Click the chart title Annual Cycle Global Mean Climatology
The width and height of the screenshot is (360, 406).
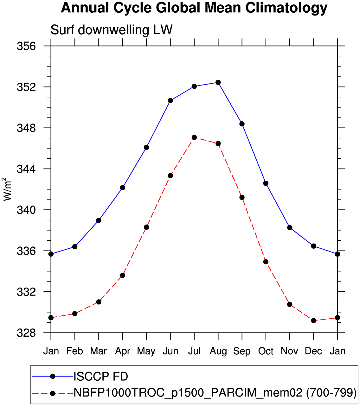(194, 8)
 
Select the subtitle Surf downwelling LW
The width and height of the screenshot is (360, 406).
(111, 30)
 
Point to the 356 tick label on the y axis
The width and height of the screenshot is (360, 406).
(26, 46)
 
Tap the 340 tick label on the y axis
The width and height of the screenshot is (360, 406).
(26, 210)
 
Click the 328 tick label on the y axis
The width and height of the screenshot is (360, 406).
(26, 333)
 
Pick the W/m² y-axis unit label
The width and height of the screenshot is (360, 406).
(8, 189)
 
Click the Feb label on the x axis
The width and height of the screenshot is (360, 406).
(75, 351)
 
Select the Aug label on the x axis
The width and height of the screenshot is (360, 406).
(218, 351)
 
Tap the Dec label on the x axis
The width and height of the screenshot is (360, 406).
(313, 351)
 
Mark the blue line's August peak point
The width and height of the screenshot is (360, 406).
(218, 82)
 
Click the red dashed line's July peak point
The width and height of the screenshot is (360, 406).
(194, 137)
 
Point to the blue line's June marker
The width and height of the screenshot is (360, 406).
(170, 101)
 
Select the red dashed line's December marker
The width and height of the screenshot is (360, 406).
(314, 321)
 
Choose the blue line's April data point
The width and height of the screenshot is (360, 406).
(123, 188)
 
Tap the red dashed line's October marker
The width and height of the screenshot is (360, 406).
(266, 262)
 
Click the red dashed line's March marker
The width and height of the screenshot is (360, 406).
(99, 302)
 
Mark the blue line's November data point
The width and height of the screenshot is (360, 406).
(290, 228)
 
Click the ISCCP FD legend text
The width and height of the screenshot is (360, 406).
(101, 377)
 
